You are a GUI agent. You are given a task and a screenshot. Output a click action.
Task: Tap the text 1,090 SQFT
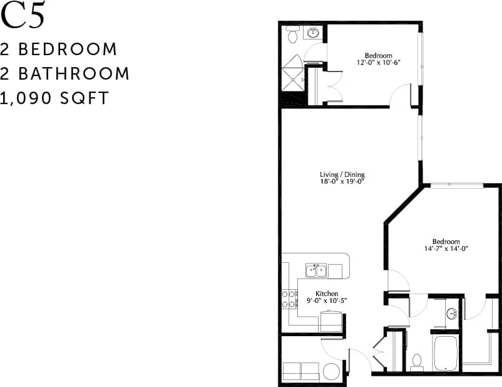pos(55,98)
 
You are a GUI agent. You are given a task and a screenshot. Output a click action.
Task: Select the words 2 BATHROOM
pos(65,73)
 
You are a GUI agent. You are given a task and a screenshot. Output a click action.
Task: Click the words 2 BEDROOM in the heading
pos(59,49)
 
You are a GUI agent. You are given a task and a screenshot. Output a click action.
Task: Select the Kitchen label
pos(327,294)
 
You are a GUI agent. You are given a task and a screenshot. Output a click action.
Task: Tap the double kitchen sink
pos(317,270)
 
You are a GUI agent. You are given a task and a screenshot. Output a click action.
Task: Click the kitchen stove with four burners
pos(289,299)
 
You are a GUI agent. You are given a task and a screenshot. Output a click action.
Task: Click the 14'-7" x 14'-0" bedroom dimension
pos(445,248)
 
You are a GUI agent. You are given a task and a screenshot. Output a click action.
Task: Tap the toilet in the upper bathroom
pos(292,36)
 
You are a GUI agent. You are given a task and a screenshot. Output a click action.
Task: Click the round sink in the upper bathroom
pos(313,33)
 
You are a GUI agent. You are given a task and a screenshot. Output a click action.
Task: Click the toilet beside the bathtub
pos(417,362)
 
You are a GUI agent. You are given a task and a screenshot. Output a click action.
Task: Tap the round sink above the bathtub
pos(451,314)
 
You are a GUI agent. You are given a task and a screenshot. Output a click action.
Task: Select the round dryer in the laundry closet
pos(331,371)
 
